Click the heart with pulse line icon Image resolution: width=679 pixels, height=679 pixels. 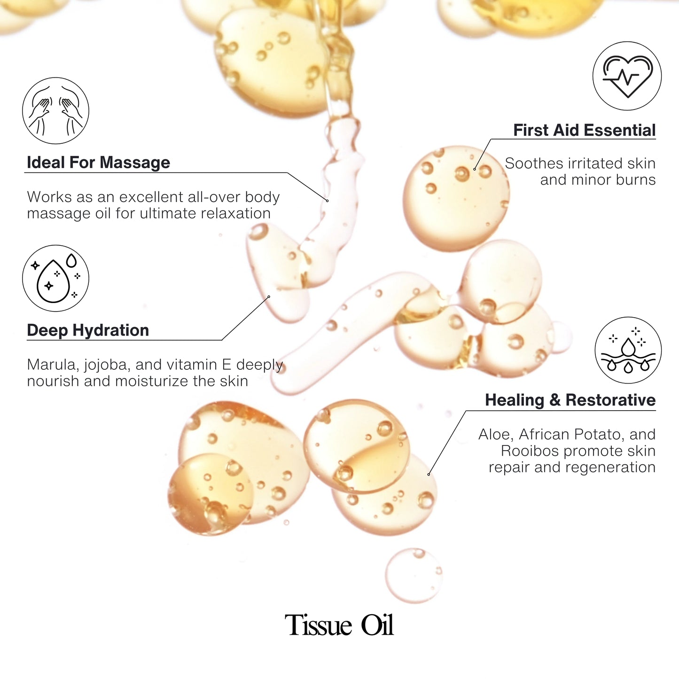(x=627, y=76)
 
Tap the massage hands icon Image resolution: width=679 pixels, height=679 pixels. (x=55, y=110)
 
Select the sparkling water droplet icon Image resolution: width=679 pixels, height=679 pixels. (x=55, y=278)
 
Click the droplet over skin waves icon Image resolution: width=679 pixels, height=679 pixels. (x=628, y=350)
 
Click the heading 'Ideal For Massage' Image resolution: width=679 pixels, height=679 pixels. (x=98, y=163)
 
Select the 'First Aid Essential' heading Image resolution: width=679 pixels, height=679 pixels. (x=584, y=130)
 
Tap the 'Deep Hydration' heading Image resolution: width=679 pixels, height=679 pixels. (x=88, y=330)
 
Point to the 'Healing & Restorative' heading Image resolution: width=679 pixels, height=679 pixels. (x=570, y=400)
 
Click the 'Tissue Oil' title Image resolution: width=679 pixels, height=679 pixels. (x=339, y=625)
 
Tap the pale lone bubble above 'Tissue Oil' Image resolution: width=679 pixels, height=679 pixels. (x=414, y=575)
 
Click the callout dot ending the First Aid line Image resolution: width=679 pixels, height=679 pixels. (x=474, y=169)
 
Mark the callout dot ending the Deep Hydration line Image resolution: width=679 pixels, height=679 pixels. (x=269, y=297)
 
